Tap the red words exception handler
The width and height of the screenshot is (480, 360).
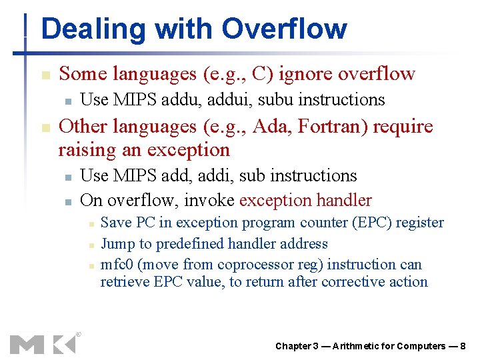click(x=305, y=200)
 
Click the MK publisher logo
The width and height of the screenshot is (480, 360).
click(x=43, y=343)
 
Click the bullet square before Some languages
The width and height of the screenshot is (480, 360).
click(x=45, y=75)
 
